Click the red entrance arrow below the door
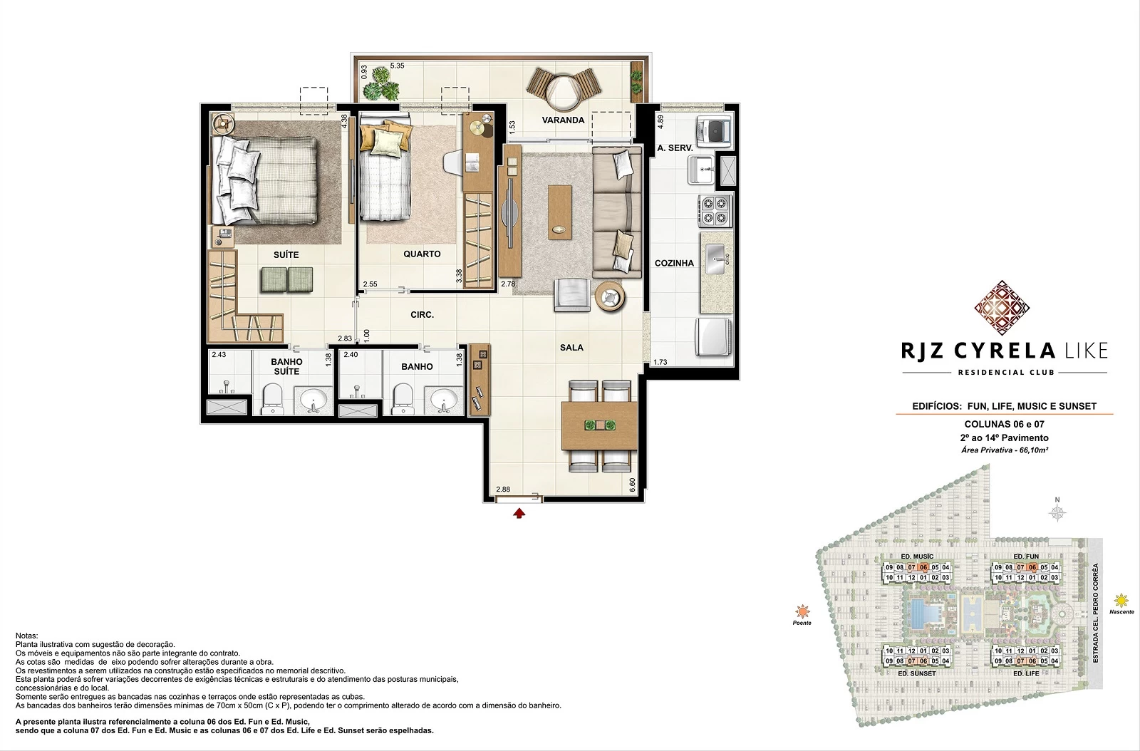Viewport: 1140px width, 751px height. pos(519,513)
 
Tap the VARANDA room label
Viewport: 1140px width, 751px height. pos(563,120)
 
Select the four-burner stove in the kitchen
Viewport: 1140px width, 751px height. pos(715,211)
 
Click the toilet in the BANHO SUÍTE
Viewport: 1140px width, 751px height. pos(271,399)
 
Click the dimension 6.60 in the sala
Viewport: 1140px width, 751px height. pos(632,485)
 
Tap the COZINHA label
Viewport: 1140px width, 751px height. pos(674,263)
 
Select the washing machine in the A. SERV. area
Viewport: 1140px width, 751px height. pos(714,130)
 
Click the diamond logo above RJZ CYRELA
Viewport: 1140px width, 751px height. pos(1002,308)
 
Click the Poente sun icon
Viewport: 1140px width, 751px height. pos(802,611)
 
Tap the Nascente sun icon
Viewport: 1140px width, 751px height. pos(1121,601)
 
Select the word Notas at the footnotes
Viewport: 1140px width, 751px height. pos(26,636)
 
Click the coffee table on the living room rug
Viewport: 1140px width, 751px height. pos(559,212)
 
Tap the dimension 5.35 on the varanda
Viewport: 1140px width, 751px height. pos(397,66)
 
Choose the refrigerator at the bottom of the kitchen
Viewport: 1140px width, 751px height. pos(714,337)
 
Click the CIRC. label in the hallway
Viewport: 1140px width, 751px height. pos(422,315)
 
